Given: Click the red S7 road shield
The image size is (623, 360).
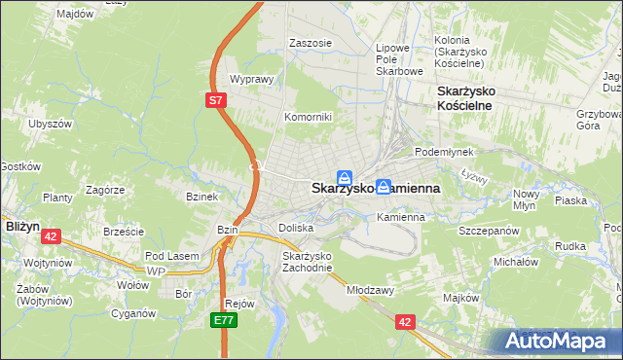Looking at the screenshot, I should pyautogui.click(x=218, y=100).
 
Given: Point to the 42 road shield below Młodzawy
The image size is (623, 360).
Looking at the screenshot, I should pyautogui.click(x=406, y=319).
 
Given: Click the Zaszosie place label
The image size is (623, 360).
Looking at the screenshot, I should pyautogui.click(x=311, y=44).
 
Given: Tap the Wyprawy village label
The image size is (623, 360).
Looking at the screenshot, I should pyautogui.click(x=248, y=79).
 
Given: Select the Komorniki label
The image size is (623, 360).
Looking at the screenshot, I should pyautogui.click(x=308, y=117).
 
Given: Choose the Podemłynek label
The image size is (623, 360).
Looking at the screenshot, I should pyautogui.click(x=443, y=152).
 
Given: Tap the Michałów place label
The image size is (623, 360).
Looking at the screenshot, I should pyautogui.click(x=516, y=262).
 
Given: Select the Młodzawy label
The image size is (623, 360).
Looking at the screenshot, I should pyautogui.click(x=370, y=289).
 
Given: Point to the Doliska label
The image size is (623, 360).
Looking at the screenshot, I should pyautogui.click(x=296, y=227).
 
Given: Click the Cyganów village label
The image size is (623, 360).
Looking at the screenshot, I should pyautogui.click(x=133, y=313).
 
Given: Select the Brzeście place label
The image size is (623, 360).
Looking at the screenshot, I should pyautogui.click(x=124, y=232).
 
